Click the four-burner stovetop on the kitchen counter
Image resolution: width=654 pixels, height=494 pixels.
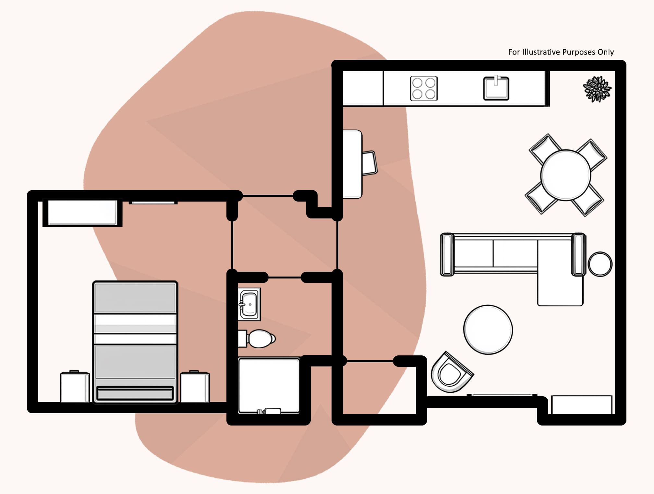click(x=424, y=88)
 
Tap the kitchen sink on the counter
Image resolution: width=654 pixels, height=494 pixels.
click(x=496, y=88)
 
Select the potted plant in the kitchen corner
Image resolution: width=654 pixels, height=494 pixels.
click(x=597, y=89)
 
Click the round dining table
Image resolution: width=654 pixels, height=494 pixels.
click(x=566, y=175)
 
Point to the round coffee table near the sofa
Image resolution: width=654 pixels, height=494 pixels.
click(x=488, y=329)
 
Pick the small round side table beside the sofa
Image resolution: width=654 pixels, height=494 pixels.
click(x=600, y=264)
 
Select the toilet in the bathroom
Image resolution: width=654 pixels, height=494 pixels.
click(x=257, y=339)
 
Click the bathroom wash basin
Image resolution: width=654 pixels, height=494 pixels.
click(x=249, y=304)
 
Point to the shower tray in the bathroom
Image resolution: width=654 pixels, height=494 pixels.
click(x=269, y=386)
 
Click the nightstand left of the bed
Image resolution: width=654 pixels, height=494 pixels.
click(x=75, y=387)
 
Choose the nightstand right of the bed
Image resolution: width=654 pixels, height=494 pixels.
click(x=195, y=387)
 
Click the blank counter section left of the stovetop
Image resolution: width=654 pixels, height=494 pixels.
click(x=363, y=88)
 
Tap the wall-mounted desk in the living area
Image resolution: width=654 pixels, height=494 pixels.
click(x=352, y=164)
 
